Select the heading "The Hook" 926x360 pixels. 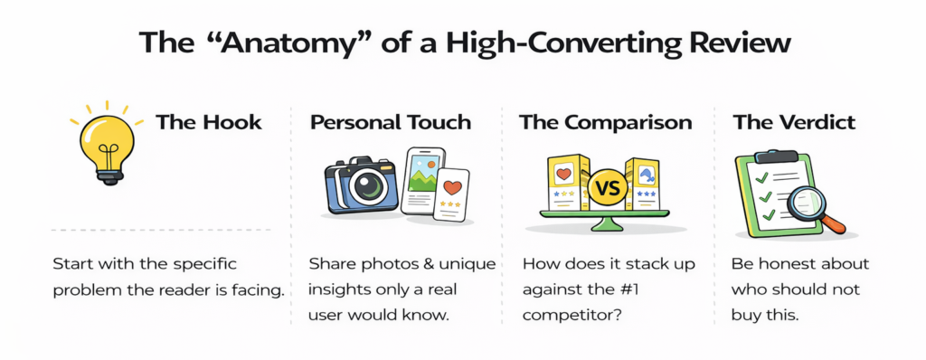tap(209, 123)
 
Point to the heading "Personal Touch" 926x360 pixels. tap(391, 123)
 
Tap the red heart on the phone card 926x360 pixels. tap(452, 188)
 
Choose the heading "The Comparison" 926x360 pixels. tap(605, 123)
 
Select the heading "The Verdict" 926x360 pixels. tap(794, 123)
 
